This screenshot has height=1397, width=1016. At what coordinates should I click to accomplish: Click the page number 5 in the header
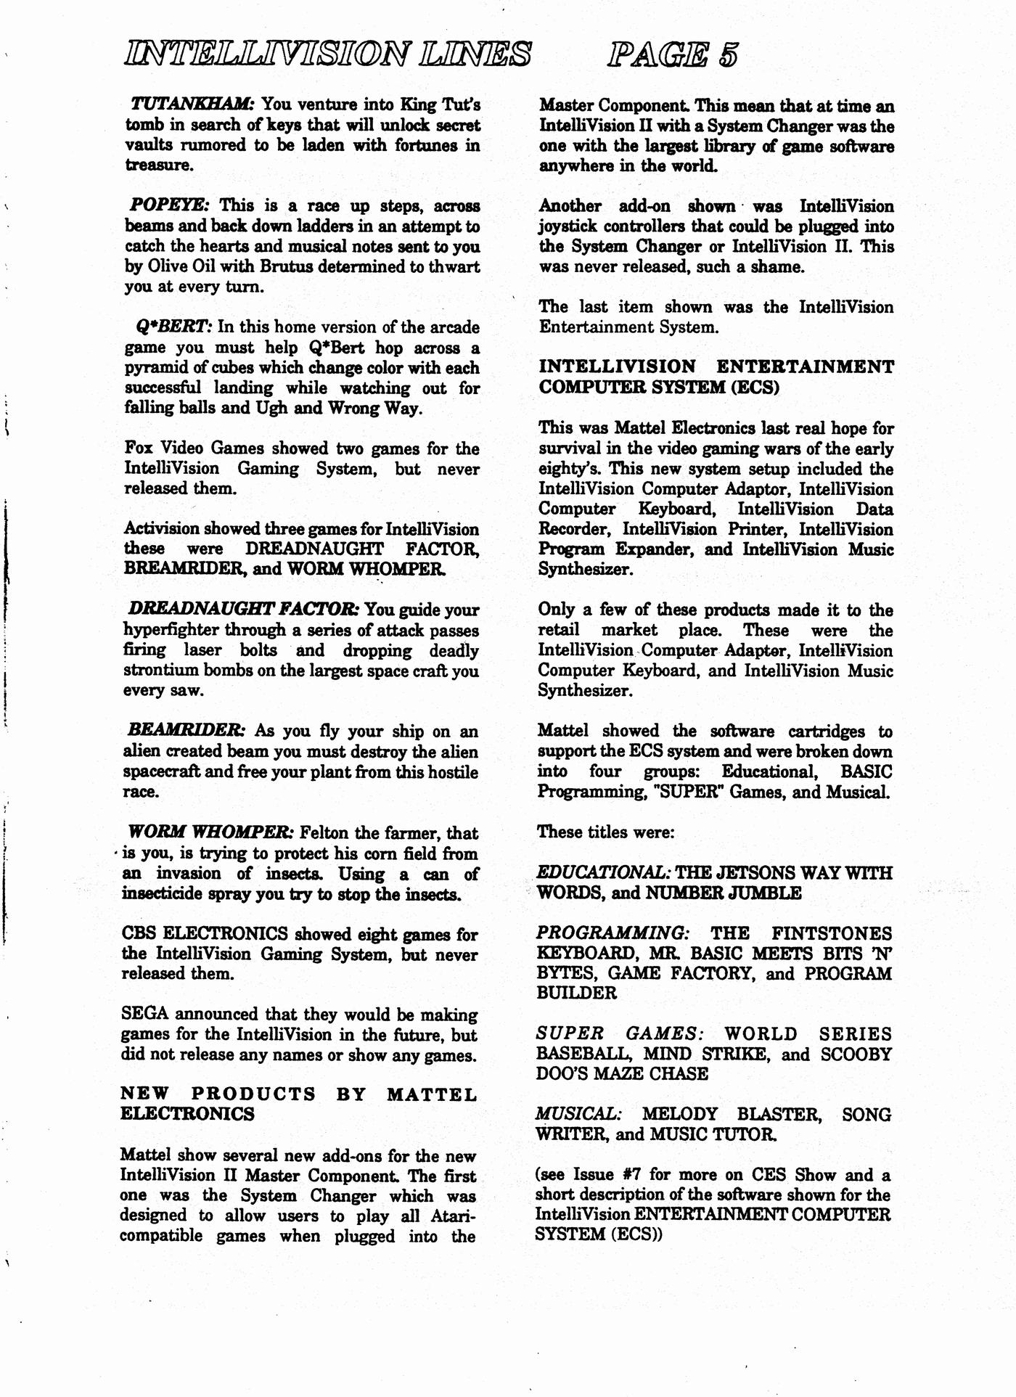click(726, 54)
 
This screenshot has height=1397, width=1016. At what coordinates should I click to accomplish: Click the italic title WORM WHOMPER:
click(210, 832)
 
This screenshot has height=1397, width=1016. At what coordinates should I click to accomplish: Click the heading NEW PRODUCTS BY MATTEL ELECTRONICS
click(298, 1103)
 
